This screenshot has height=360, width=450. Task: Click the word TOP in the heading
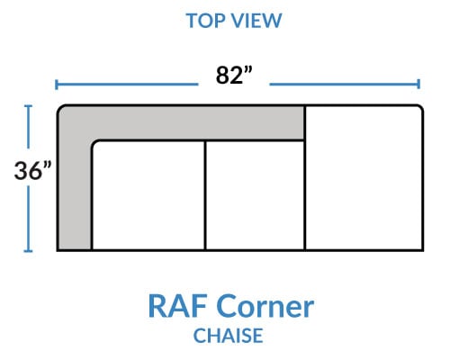(205, 21)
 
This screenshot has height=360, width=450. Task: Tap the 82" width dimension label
(234, 75)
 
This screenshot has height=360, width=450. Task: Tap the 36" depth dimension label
(32, 171)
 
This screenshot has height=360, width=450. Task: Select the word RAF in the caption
(178, 306)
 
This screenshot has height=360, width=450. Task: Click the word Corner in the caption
(265, 306)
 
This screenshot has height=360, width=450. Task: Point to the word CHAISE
(229, 336)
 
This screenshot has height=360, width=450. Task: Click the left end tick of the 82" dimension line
(57, 85)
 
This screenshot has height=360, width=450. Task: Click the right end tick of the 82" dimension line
(418, 85)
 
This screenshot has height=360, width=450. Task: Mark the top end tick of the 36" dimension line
(28, 106)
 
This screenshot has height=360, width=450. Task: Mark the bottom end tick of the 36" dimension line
(28, 251)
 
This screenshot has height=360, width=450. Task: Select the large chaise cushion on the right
(364, 178)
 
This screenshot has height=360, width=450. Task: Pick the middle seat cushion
(255, 195)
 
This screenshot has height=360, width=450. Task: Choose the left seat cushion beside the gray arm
(148, 195)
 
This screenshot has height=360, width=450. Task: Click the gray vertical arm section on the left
(75, 186)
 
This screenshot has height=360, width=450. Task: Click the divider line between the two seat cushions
(205, 195)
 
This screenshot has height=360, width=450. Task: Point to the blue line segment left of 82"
(127, 85)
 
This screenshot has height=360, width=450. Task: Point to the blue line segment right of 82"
(344, 85)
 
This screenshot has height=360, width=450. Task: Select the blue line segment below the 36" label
(28, 219)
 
